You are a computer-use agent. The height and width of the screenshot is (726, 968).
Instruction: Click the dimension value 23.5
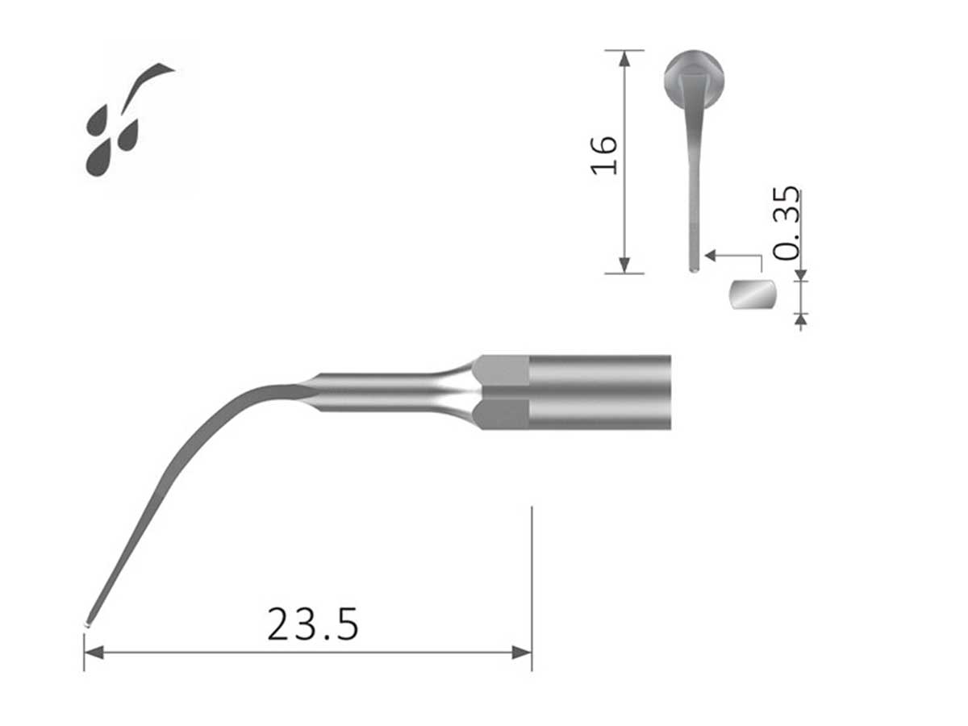tap(312, 624)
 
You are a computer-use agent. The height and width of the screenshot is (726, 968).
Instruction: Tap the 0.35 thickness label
tap(786, 223)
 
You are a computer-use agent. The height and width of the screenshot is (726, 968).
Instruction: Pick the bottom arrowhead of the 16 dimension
tap(624, 265)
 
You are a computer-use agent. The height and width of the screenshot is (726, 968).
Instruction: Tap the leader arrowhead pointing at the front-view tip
tap(710, 255)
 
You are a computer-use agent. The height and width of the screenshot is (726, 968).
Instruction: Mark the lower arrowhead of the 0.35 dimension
tap(800, 319)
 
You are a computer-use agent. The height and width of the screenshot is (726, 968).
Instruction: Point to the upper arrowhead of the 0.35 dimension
tap(800, 275)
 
